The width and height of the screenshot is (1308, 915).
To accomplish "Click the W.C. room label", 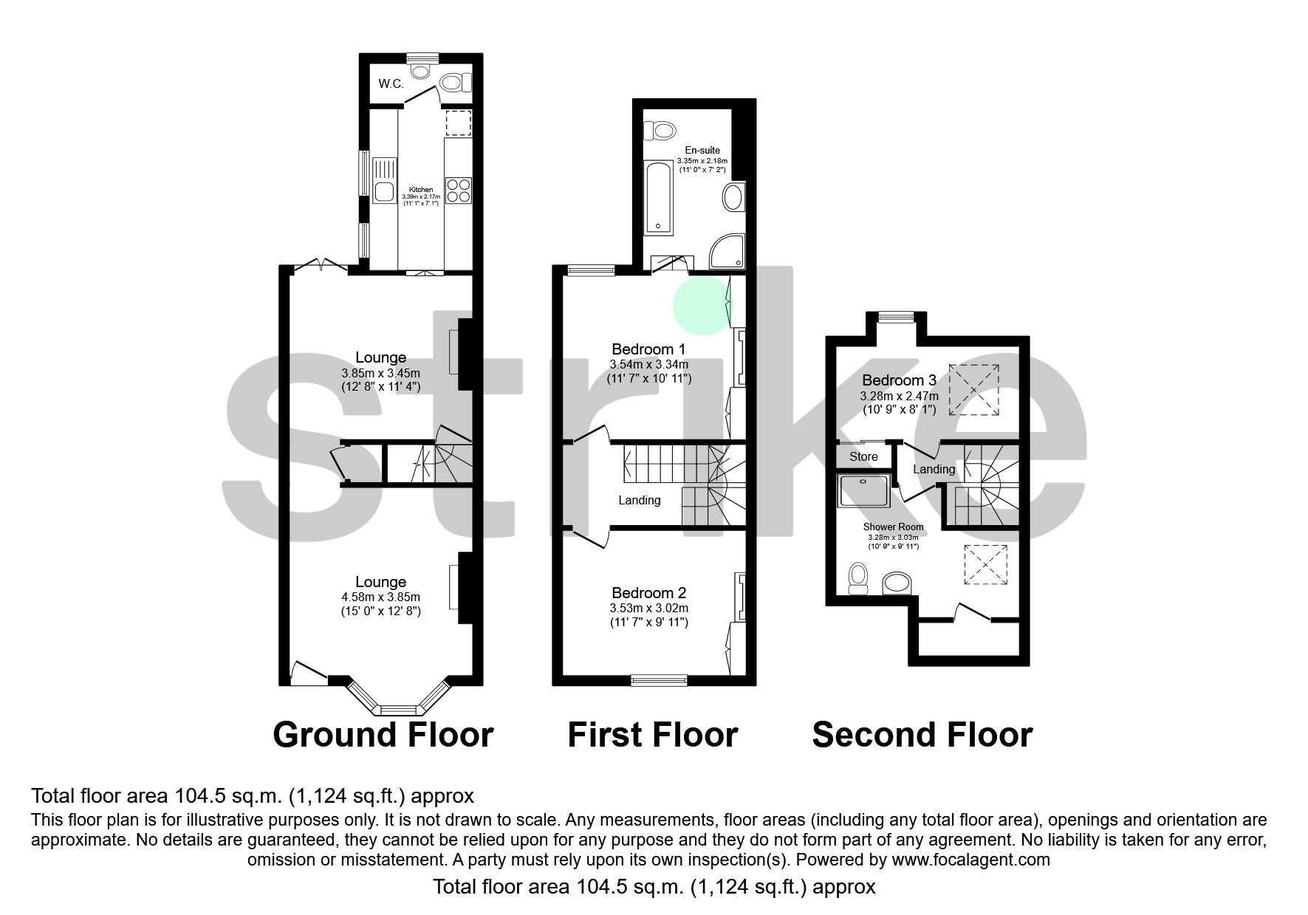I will coord(391,83).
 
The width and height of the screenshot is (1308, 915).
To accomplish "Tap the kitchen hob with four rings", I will coord(458,191).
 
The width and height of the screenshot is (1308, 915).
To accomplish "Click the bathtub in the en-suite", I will coord(657,197).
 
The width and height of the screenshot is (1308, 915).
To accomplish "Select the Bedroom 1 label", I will coord(648,349).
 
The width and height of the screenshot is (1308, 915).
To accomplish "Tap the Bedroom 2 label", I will coord(648,593).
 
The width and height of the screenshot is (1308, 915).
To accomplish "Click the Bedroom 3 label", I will coord(899,380).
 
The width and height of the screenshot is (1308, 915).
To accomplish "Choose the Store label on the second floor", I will coord(863,456).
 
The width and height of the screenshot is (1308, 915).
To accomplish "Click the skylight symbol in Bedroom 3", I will coord(974,389).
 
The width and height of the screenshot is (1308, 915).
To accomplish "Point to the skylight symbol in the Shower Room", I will coord(985,566).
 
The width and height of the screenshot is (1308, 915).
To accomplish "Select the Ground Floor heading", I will coord(383,735).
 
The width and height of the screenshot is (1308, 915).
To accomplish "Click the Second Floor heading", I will coord(922,735).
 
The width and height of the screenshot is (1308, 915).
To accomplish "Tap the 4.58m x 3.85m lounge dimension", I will coord(380,597).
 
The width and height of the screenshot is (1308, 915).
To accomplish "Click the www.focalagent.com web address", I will coord(970,860).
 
